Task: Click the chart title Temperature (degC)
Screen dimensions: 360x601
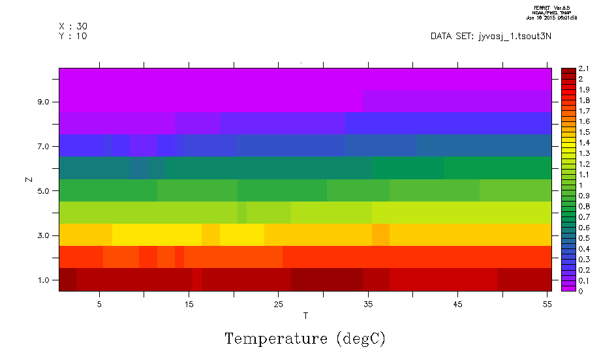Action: coord(305,339)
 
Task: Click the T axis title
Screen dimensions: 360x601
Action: coord(305,316)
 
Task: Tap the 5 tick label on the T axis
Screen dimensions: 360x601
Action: coord(99,304)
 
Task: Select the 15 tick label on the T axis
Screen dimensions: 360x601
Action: coord(189,304)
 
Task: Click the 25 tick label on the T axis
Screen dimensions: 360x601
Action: coord(278,304)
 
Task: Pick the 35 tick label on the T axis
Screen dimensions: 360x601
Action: coord(368,304)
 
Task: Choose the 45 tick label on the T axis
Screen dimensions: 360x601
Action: coord(457,304)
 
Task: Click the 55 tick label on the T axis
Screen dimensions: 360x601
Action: coord(547,304)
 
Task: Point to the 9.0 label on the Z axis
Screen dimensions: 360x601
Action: coord(47,102)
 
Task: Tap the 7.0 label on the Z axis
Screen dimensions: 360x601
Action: coord(47,147)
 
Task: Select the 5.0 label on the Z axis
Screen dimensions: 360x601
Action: coord(47,191)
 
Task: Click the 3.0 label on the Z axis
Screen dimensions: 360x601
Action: coord(47,235)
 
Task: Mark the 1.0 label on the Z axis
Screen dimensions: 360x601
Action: coord(47,280)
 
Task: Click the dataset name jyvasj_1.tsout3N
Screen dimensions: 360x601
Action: coord(515,36)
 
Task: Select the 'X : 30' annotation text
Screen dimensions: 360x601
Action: coord(73,26)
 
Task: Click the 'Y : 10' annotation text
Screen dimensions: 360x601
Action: coord(73,36)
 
